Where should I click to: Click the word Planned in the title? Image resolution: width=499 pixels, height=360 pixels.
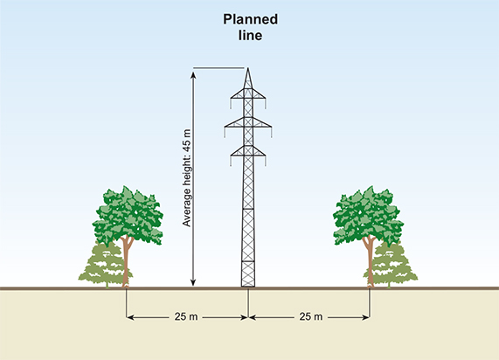251,20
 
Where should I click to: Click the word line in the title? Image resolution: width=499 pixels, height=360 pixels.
251,35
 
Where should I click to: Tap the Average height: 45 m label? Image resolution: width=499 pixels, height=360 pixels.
187,178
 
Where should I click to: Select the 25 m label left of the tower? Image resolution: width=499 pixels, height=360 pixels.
186,316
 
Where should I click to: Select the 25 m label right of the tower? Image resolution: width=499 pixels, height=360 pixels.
311,316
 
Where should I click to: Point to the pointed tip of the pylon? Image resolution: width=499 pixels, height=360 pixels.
248,68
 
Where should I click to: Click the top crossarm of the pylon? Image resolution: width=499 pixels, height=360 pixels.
248,95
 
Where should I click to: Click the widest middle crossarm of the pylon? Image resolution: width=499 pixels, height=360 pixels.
248,124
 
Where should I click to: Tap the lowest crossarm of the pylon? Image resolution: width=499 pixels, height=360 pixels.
248,153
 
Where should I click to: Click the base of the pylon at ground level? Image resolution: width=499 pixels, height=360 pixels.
248,285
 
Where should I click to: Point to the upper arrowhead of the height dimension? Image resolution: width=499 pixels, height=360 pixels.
193,75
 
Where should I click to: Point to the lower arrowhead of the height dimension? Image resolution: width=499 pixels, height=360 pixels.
193,282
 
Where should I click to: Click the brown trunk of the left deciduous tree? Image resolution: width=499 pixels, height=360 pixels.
127,262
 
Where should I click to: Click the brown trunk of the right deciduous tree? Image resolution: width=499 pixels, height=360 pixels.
370,262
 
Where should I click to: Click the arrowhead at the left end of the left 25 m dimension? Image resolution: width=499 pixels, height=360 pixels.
129,317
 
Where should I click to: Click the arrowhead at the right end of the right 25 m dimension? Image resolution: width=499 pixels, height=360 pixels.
366,317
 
